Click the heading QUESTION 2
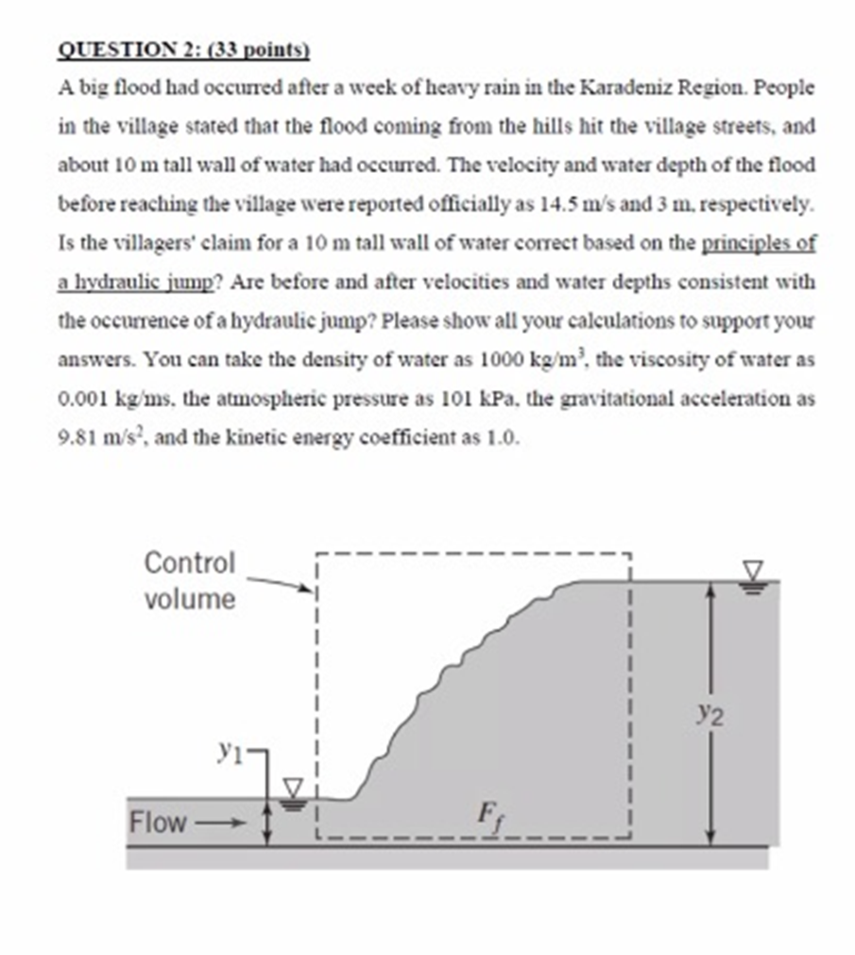coord(123,50)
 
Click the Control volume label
coord(189,581)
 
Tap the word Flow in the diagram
coord(159,823)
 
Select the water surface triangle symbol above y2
coord(753,572)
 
